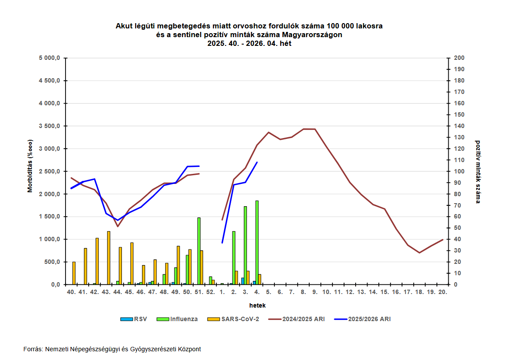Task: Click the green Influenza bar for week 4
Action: (257, 242)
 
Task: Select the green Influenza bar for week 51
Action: (199, 251)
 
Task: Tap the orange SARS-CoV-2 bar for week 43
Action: (109, 258)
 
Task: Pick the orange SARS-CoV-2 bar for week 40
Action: (74, 273)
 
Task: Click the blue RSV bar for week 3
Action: (242, 281)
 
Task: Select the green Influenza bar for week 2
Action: (234, 258)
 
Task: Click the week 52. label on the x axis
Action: (211, 292)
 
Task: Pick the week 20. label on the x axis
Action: (443, 292)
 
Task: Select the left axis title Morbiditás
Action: (30, 166)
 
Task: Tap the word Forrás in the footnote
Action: (33, 349)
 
